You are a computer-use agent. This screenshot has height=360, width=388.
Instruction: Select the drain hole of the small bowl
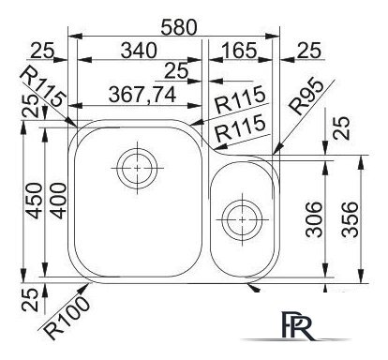242,221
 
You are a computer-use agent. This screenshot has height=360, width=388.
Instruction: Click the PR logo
292,324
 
